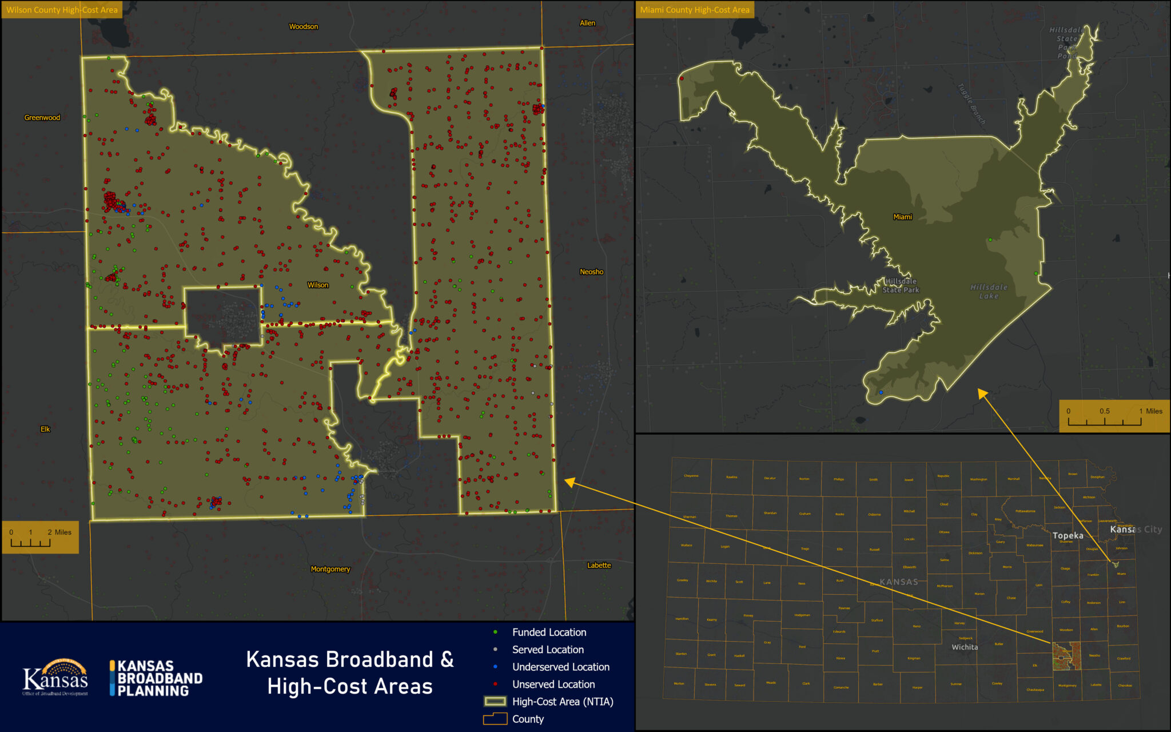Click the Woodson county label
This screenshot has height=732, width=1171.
[303, 27]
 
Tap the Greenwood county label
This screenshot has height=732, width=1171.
[42, 118]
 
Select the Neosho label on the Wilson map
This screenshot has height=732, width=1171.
[591, 272]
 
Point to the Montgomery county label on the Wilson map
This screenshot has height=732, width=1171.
[330, 569]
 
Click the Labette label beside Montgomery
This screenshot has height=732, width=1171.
[599, 566]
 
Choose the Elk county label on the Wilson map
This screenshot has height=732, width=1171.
[45, 429]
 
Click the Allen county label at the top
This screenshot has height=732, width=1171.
[587, 23]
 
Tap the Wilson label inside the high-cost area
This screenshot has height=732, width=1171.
[318, 285]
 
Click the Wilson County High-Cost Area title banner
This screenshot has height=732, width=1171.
[62, 10]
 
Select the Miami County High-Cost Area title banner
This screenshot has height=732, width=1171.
[695, 10]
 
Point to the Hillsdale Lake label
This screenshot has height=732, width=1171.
[989, 292]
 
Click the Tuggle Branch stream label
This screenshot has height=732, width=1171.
[971, 104]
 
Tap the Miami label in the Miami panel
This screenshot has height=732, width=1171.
[902, 217]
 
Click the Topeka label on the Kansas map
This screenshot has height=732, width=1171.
[1068, 536]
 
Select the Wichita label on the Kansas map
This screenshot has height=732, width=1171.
[965, 647]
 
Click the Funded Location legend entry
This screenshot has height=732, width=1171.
[549, 632]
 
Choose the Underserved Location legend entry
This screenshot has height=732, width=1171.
[560, 667]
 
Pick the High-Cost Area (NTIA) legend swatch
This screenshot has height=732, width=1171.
[495, 702]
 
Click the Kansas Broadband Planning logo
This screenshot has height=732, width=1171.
[156, 678]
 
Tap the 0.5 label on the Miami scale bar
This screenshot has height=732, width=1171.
[1104, 411]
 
